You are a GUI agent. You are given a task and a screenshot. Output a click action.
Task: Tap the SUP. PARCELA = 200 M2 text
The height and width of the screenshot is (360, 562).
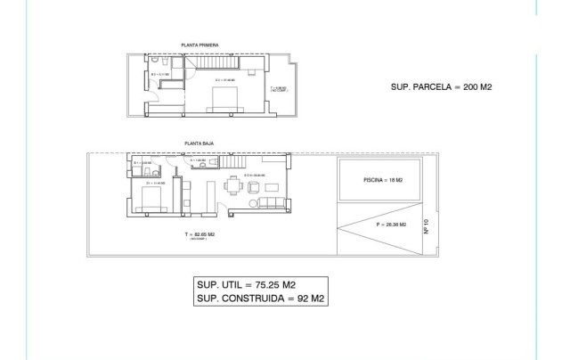point(443,87)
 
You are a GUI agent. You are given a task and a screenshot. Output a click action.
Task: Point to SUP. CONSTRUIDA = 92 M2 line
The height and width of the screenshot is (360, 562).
point(261,299)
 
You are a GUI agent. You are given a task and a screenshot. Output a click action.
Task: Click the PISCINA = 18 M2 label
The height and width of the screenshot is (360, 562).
point(383,180)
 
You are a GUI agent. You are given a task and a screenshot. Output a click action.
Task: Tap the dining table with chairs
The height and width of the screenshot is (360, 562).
point(234,187)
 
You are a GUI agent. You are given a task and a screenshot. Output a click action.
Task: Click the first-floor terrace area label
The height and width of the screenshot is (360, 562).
point(278,89)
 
